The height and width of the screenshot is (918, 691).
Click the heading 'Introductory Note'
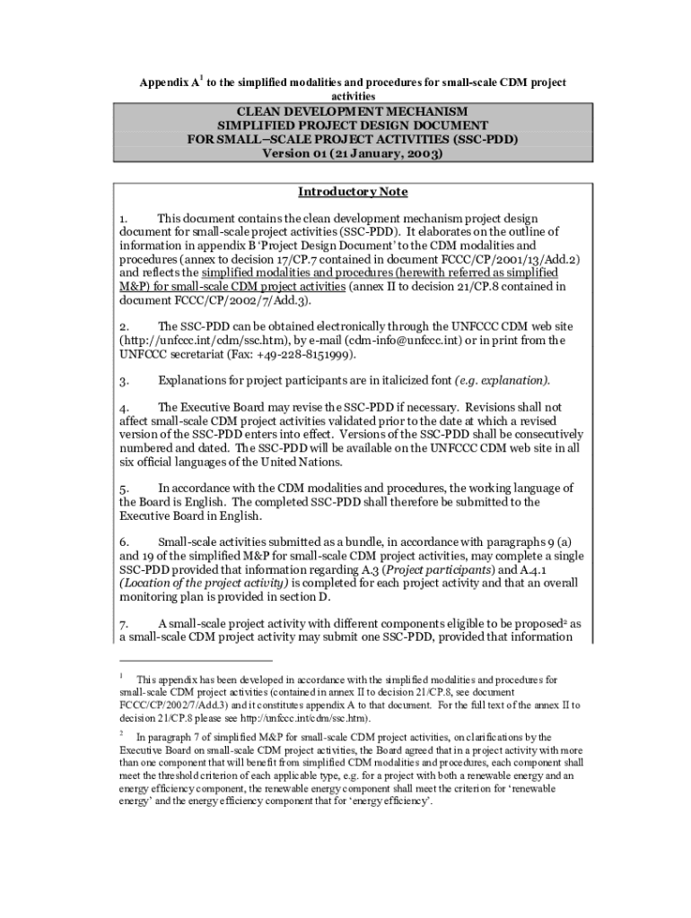point(353,192)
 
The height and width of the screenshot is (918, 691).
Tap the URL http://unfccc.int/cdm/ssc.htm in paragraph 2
point(198,342)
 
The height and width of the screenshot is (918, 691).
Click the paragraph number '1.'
point(125,218)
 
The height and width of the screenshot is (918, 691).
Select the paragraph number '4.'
point(125,407)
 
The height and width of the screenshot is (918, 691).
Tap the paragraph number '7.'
point(125,624)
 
